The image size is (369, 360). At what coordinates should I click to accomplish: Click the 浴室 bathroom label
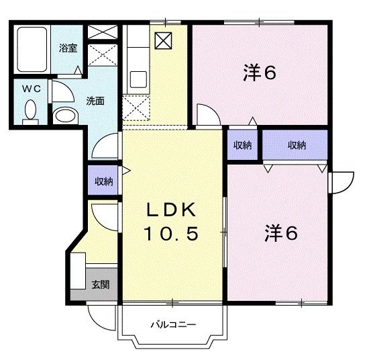pos(68,48)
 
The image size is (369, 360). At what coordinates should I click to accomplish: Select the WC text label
pos(28,89)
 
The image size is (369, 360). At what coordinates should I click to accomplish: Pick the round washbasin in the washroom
pos(64,116)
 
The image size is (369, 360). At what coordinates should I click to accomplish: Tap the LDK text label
pos(171,210)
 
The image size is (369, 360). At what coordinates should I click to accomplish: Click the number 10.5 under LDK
pos(171,234)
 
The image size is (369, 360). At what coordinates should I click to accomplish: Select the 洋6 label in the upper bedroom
pos(260,73)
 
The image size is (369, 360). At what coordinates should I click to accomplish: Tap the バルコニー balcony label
pos(172,325)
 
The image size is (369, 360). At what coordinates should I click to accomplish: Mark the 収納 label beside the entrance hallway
pos(103,181)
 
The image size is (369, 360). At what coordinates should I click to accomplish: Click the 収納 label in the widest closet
pos(296,144)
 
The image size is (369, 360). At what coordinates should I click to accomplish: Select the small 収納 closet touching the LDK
pos(242,144)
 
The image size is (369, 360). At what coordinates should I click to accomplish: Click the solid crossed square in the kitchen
pos(163,40)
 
